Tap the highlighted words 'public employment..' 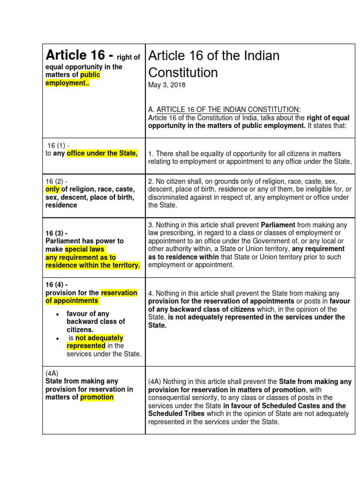tap(73, 79)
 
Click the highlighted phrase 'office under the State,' tap(102, 154)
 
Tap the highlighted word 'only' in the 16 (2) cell tap(52, 189)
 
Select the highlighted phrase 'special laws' tap(85, 249)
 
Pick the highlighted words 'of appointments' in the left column tap(72, 300)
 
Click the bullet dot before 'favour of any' tap(57, 314)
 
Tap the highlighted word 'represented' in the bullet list tap(86, 345)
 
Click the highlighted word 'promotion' tap(97, 397)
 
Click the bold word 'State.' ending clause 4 tap(157, 325)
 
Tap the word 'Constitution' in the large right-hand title tap(183, 72)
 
